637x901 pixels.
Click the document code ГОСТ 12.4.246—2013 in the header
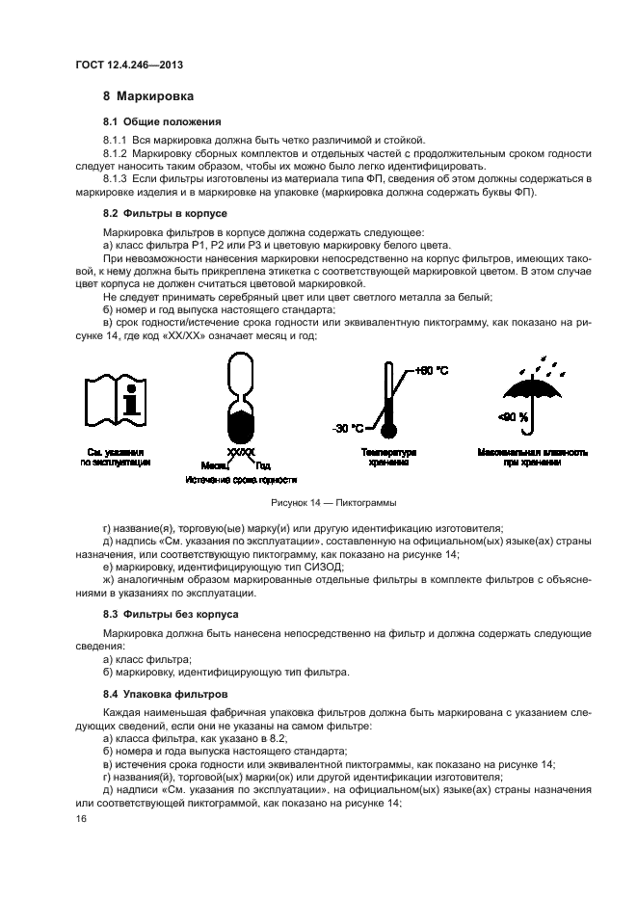(129, 65)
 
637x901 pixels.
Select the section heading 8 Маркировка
(148, 96)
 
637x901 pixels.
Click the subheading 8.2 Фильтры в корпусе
(165, 212)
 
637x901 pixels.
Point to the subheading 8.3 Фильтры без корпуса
(171, 613)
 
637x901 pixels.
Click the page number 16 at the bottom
(81, 818)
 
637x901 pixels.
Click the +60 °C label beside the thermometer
(432, 370)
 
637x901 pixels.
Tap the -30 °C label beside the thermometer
(350, 428)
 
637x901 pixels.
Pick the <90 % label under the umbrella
(512, 418)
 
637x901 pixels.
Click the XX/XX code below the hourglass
(241, 451)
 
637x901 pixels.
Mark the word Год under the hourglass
(263, 465)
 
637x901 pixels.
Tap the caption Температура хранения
(387, 457)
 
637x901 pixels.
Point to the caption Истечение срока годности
(241, 479)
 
